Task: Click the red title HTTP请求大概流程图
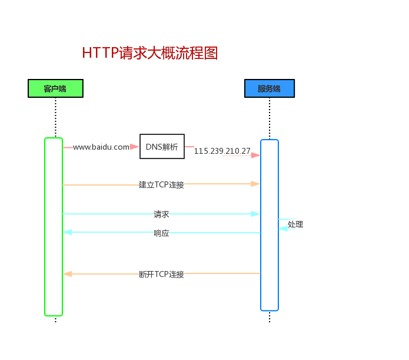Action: (x=150, y=53)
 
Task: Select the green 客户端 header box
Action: (x=55, y=88)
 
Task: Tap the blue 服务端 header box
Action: (x=269, y=89)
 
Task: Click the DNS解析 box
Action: (x=162, y=147)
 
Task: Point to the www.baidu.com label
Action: (x=101, y=147)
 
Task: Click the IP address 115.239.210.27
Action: (x=222, y=151)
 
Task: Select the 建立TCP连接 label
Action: (x=161, y=184)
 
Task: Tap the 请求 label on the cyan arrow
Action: (x=161, y=214)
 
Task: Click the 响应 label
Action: (x=161, y=233)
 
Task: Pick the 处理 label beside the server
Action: (x=295, y=224)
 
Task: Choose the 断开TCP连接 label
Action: (x=161, y=274)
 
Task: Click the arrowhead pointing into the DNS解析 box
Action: (x=135, y=147)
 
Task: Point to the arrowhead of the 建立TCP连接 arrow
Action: (x=255, y=184)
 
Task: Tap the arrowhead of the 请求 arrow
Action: (x=255, y=214)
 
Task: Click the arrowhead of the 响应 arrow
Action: (x=68, y=232)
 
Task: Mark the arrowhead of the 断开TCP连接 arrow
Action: (x=68, y=273)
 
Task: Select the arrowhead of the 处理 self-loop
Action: (x=283, y=228)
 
